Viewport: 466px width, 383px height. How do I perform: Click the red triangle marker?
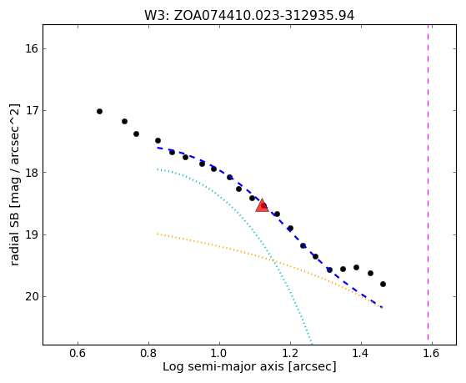pos(262,206)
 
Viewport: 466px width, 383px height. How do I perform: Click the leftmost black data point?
pos(99,111)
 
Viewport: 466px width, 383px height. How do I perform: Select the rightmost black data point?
pos(383,285)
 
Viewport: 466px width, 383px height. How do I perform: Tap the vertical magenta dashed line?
pos(428,182)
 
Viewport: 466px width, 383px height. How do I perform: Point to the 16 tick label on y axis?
pos(32,48)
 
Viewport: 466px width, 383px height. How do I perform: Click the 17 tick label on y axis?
pos(32,111)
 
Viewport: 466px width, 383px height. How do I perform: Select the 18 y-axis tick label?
pos(32,173)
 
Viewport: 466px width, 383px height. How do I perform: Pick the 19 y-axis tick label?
pos(32,234)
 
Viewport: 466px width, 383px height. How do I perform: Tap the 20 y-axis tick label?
pos(32,297)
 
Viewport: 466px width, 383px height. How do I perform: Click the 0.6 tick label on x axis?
pos(78,353)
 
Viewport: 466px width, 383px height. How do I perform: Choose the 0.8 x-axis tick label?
pos(148,353)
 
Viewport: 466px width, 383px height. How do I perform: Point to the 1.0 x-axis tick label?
pos(219,353)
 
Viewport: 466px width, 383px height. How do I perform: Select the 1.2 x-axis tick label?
pos(290,353)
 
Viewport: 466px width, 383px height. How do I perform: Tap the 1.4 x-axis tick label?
pos(361,353)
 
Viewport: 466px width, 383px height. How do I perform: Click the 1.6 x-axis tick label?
pos(432,353)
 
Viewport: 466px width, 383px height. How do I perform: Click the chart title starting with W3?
pos(249,16)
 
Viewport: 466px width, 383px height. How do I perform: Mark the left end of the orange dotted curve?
pos(158,234)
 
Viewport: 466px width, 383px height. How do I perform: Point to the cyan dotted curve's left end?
pos(158,169)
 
